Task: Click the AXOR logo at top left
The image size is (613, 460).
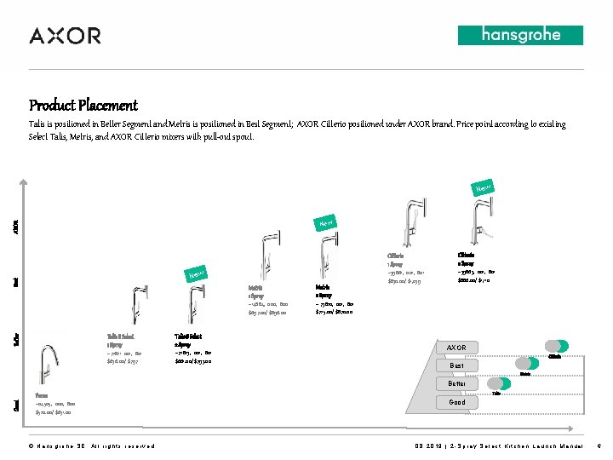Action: point(65,36)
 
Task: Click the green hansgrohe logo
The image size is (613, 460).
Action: point(520,35)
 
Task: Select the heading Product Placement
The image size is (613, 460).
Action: point(83,106)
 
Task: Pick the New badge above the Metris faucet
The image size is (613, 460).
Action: point(324,223)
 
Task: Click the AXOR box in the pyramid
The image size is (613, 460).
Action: point(456,348)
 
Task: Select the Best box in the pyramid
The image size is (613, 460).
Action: point(456,365)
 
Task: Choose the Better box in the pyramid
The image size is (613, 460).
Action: point(456,383)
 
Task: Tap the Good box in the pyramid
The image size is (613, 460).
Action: point(456,402)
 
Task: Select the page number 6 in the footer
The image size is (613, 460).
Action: point(599,446)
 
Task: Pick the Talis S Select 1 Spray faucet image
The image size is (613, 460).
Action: point(135,307)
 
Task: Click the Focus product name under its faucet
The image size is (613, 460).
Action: point(41,396)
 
